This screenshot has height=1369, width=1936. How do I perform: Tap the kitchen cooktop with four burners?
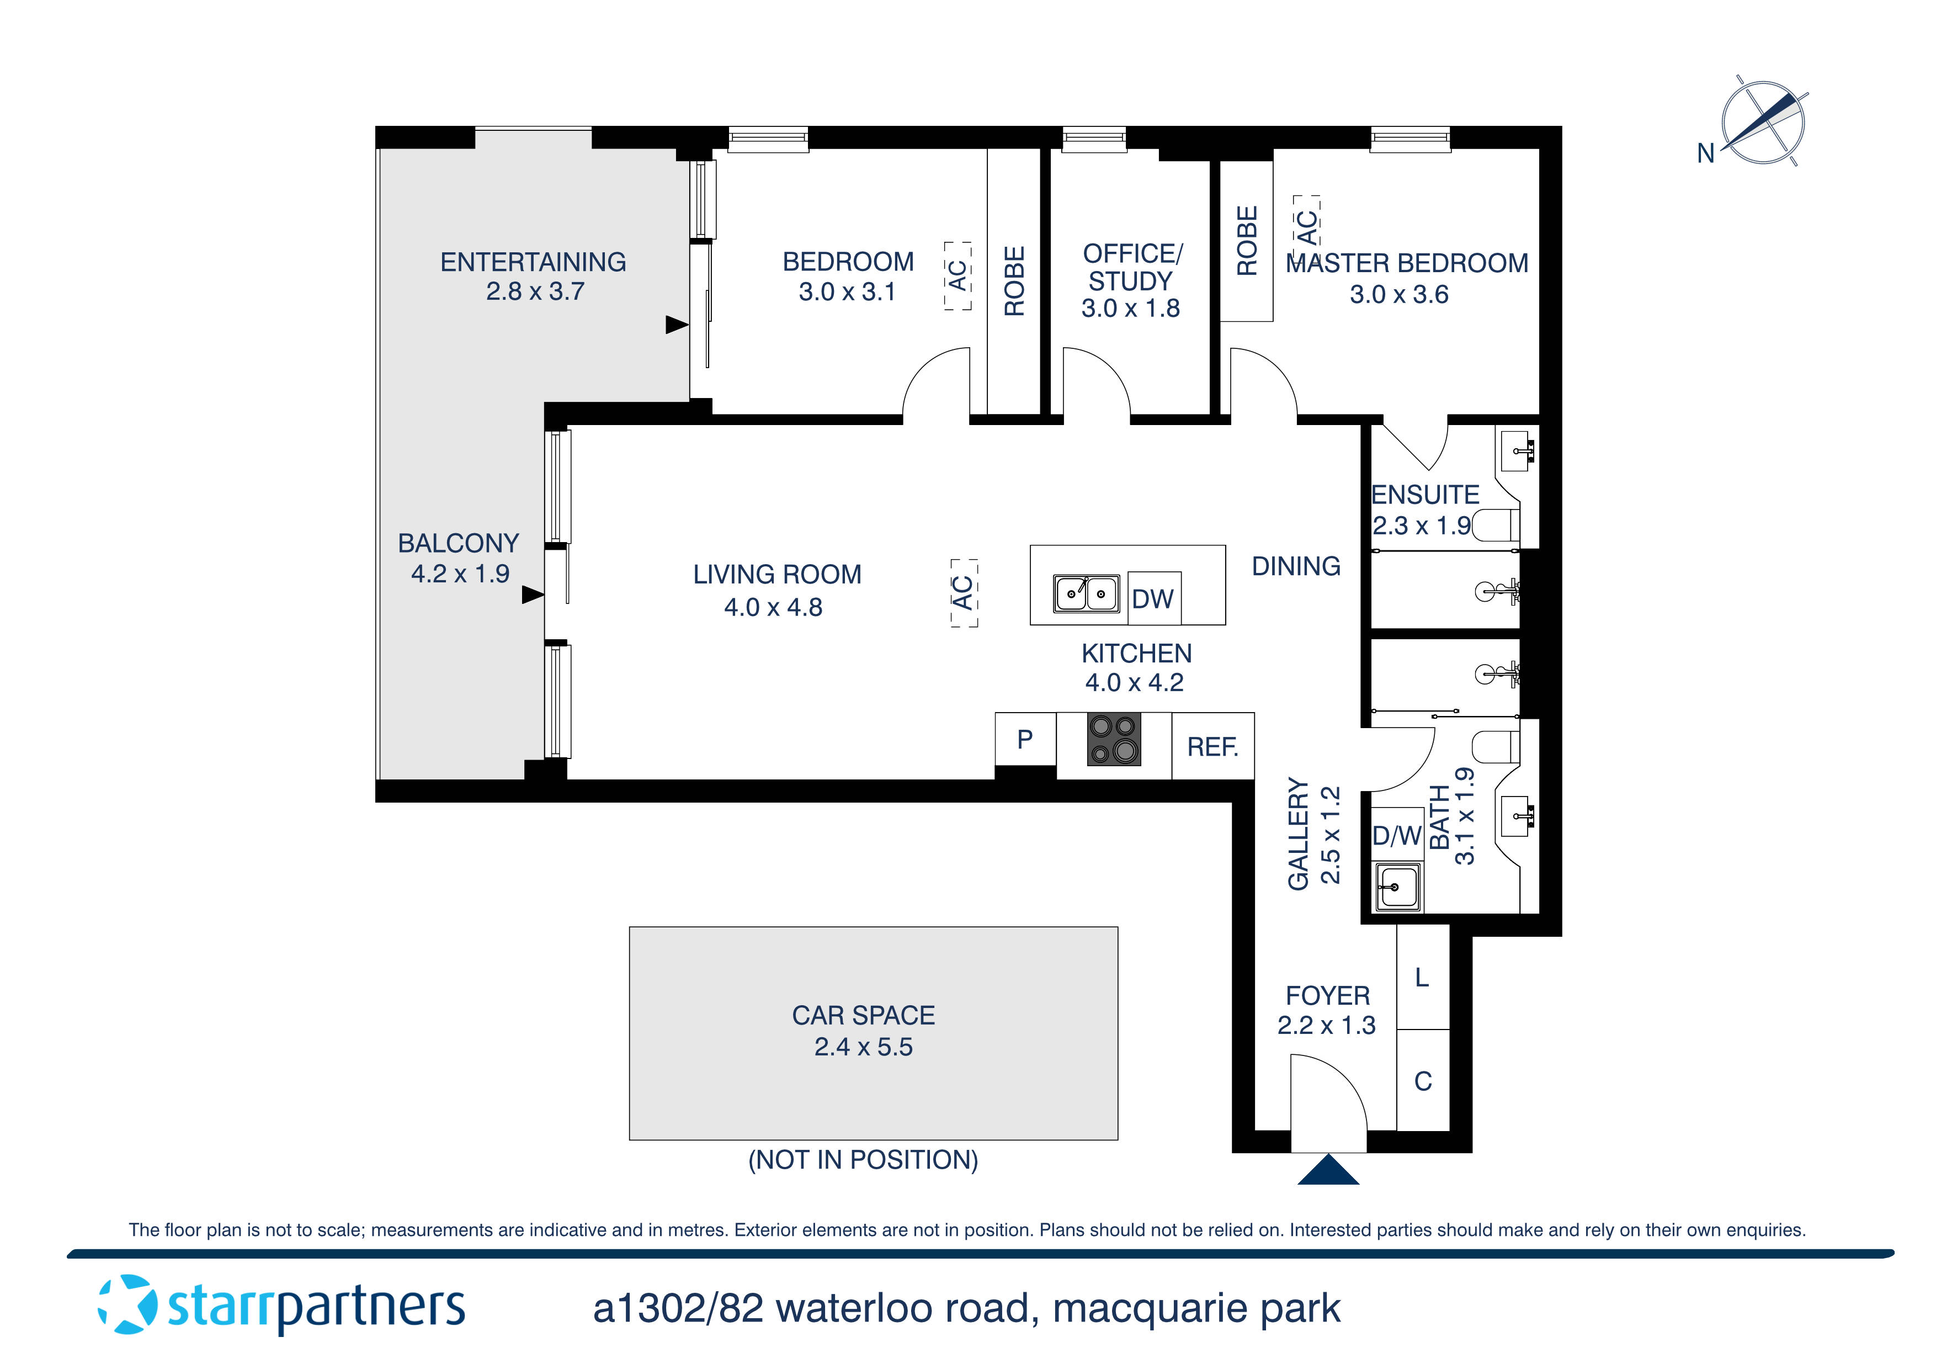pyautogui.click(x=1114, y=740)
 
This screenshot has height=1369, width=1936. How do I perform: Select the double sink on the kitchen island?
pyautogui.click(x=1086, y=593)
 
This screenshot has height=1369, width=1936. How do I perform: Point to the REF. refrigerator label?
pyautogui.click(x=1212, y=746)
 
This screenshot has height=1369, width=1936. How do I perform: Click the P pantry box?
pyautogui.click(x=1024, y=740)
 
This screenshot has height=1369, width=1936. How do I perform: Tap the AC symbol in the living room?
pyautogui.click(x=963, y=592)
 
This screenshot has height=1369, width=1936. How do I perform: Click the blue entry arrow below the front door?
pyautogui.click(x=1328, y=1171)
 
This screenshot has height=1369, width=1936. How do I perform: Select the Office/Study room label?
pyautogui.click(x=1131, y=267)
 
